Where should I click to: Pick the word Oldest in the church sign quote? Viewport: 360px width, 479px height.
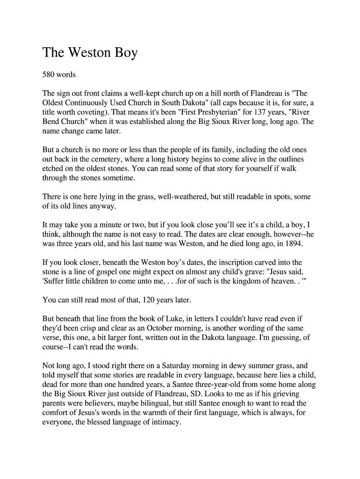(55, 103)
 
